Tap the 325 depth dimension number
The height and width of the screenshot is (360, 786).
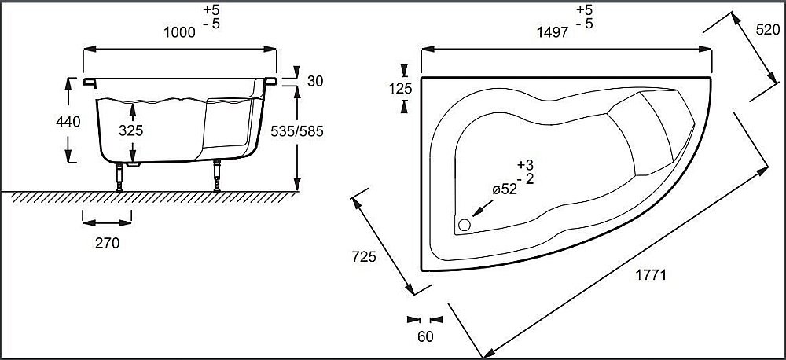(x=131, y=131)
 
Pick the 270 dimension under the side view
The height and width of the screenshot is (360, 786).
(x=106, y=244)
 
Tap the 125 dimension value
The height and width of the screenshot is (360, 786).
(x=401, y=89)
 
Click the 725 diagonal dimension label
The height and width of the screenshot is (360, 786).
(x=365, y=256)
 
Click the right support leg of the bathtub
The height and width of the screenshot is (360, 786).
(x=215, y=177)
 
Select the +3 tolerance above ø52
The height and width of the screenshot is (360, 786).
(x=526, y=164)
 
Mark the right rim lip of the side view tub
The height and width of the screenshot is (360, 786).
(x=272, y=80)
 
